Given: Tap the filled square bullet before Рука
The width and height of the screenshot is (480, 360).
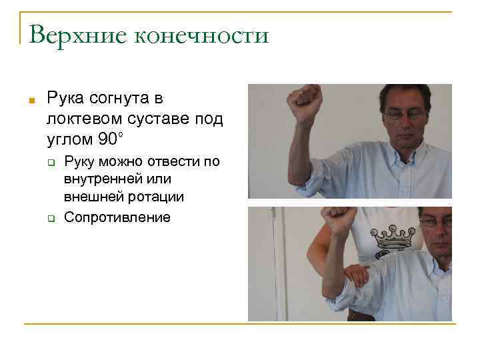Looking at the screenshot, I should (31, 101).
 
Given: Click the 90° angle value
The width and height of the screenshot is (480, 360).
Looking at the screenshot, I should (109, 140).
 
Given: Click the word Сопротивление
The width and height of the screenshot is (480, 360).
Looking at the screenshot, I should (117, 217).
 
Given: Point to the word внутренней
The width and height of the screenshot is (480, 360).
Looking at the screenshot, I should (104, 180).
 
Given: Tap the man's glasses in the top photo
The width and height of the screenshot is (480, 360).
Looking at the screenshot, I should (404, 114).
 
